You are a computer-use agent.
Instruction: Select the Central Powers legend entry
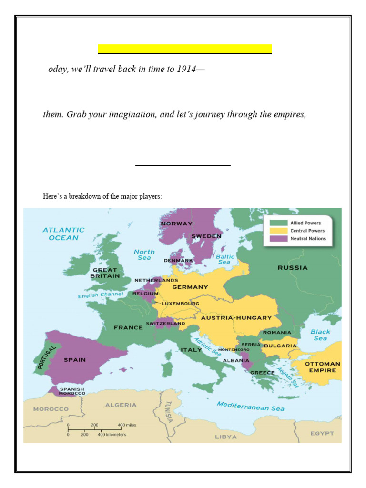point(305,231)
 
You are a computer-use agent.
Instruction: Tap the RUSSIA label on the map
point(293,268)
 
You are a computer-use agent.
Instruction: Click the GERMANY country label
point(190,287)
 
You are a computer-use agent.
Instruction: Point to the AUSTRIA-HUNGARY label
point(236,317)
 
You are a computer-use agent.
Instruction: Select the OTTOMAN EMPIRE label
point(323,366)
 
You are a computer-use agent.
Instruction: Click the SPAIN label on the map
point(75,360)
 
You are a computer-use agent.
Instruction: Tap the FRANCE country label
point(128,327)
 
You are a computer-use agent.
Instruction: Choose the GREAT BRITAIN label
point(105,273)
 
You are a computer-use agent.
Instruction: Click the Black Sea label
point(320,335)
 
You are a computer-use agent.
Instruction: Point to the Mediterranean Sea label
point(251,406)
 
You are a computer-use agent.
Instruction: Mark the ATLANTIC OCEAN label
point(63,234)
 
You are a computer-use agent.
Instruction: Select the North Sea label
point(144,254)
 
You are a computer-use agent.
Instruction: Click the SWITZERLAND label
point(165,324)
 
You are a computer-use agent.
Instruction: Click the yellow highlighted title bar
point(185,49)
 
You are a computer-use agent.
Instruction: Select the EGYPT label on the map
point(322,434)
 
